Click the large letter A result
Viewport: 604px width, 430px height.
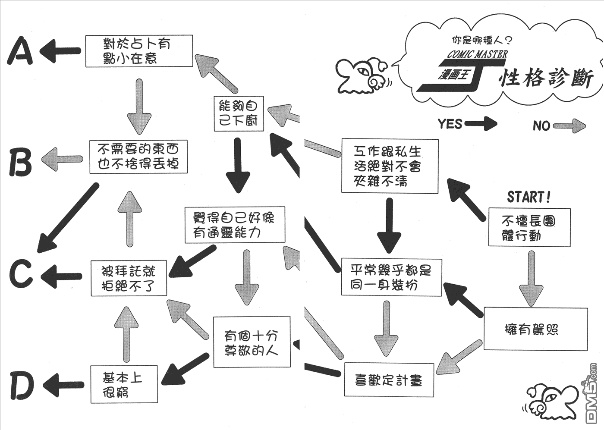pyautogui.click(x=20, y=51)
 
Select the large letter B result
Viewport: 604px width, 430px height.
pyautogui.click(x=20, y=162)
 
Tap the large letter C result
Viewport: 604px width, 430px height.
pyautogui.click(x=21, y=273)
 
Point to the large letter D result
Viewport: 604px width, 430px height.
pyautogui.click(x=22, y=385)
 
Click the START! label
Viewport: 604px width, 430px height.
pyautogui.click(x=529, y=197)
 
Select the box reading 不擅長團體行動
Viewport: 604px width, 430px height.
pyautogui.click(x=529, y=228)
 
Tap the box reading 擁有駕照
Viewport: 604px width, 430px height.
pyautogui.click(x=535, y=329)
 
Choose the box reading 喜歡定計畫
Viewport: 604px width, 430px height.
pyautogui.click(x=389, y=380)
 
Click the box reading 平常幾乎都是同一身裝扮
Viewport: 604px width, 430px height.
pyautogui.click(x=391, y=277)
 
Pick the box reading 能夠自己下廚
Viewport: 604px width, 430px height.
pyautogui.click(x=239, y=113)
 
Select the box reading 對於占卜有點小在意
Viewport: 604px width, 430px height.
pyautogui.click(x=138, y=51)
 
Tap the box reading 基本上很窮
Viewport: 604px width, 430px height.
pyautogui.click(x=124, y=384)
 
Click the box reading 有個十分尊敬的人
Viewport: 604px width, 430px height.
pyautogui.click(x=252, y=342)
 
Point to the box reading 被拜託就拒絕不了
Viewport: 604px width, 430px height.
pyautogui.click(x=129, y=278)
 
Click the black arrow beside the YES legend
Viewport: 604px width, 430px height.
pyautogui.click(x=481, y=124)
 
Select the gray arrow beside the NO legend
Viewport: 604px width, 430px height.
pyautogui.click(x=569, y=126)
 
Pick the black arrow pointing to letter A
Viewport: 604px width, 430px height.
pyautogui.click(x=60, y=51)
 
